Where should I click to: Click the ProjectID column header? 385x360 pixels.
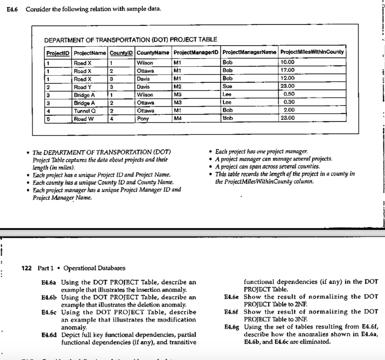pos(58,52)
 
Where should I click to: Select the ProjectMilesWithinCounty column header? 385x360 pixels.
pos(312,52)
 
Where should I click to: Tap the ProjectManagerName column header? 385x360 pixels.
pos(250,52)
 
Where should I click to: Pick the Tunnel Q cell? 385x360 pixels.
pos(83,110)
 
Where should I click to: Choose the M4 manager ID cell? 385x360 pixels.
pos(178,118)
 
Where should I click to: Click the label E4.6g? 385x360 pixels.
pos(233,327)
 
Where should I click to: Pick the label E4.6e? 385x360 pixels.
pos(233,297)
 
